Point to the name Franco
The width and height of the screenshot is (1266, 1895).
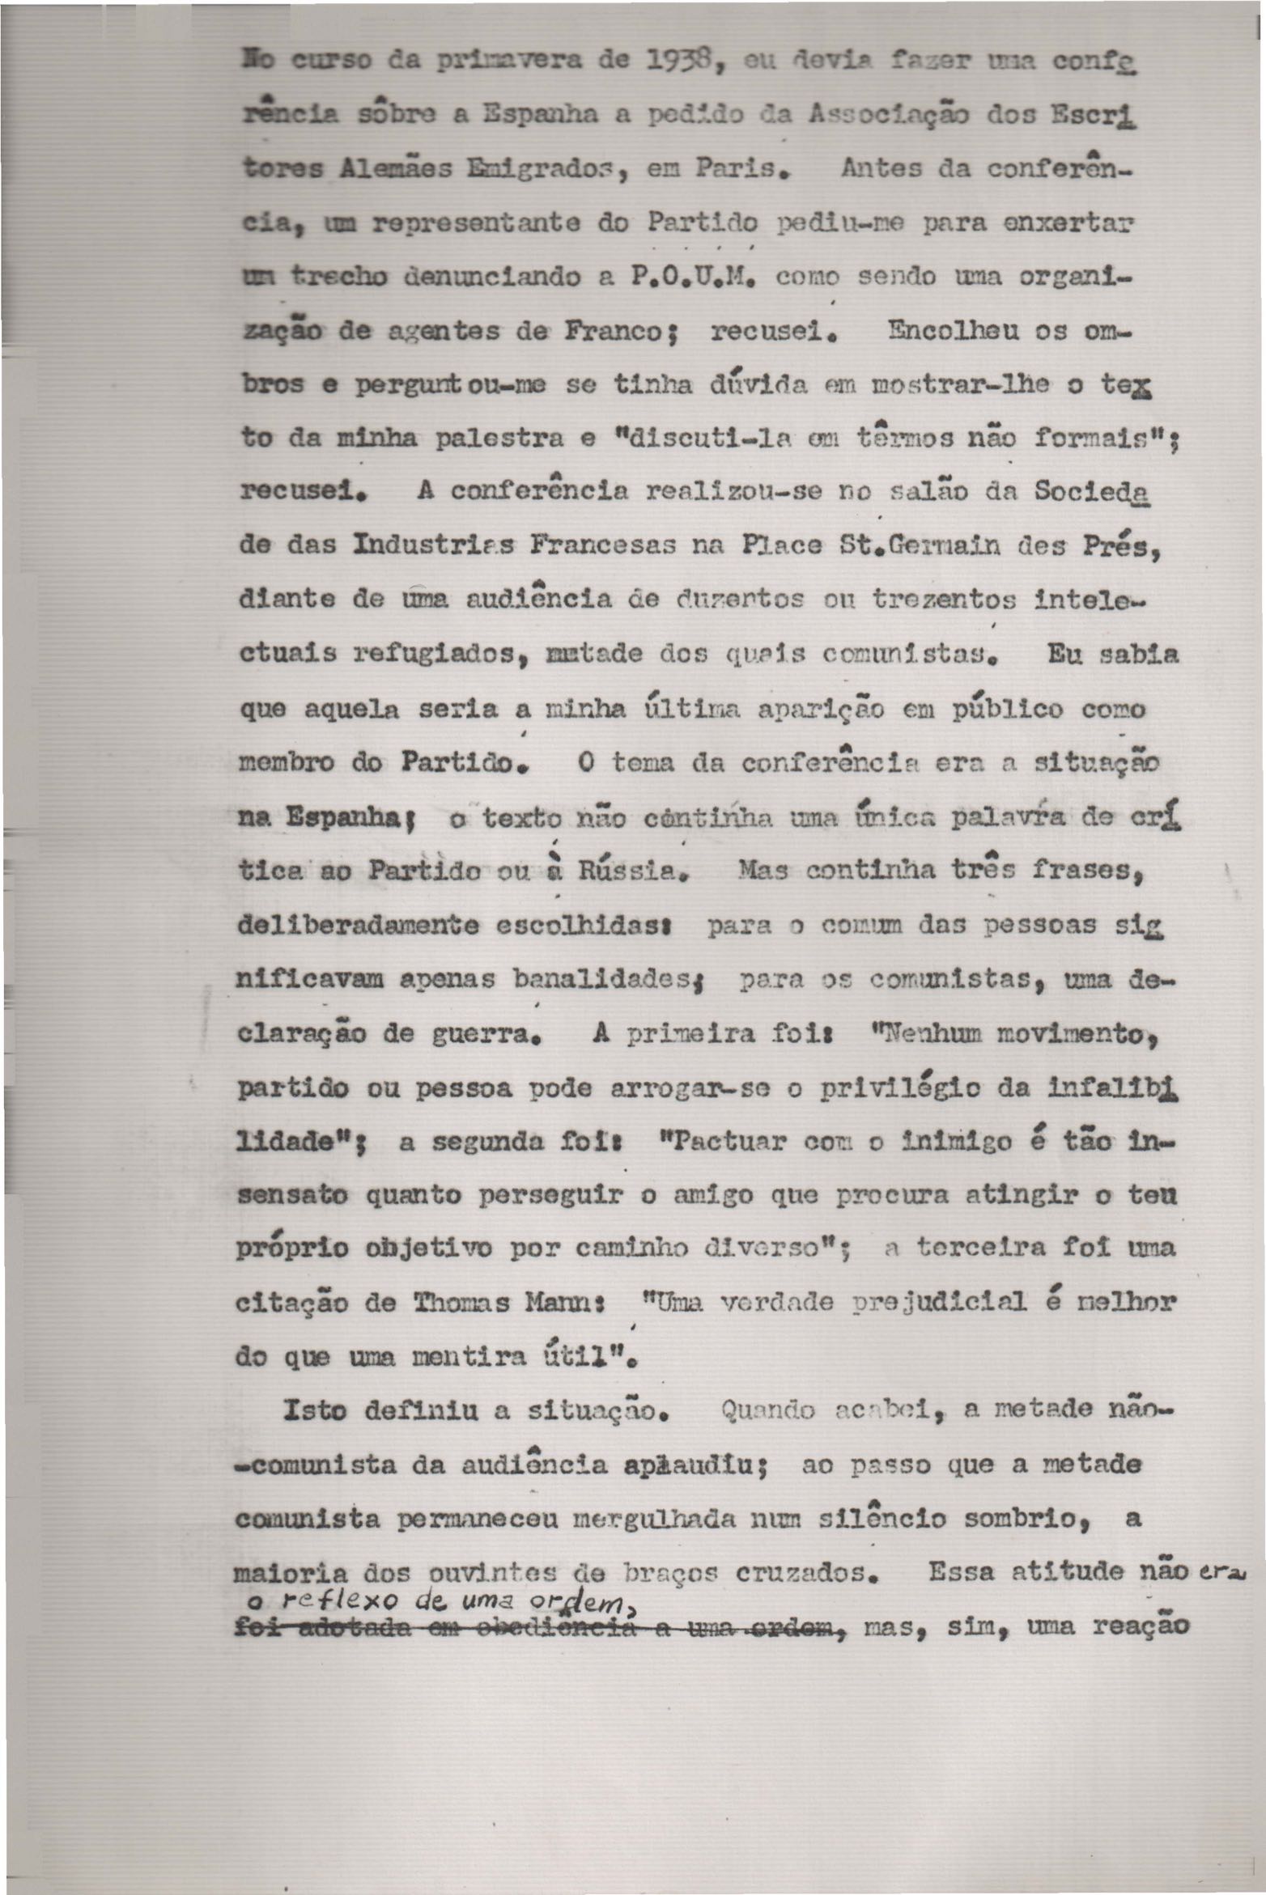click(622, 333)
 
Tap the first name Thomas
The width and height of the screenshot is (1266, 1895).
click(462, 1304)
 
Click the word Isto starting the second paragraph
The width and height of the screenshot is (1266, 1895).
click(314, 1411)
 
